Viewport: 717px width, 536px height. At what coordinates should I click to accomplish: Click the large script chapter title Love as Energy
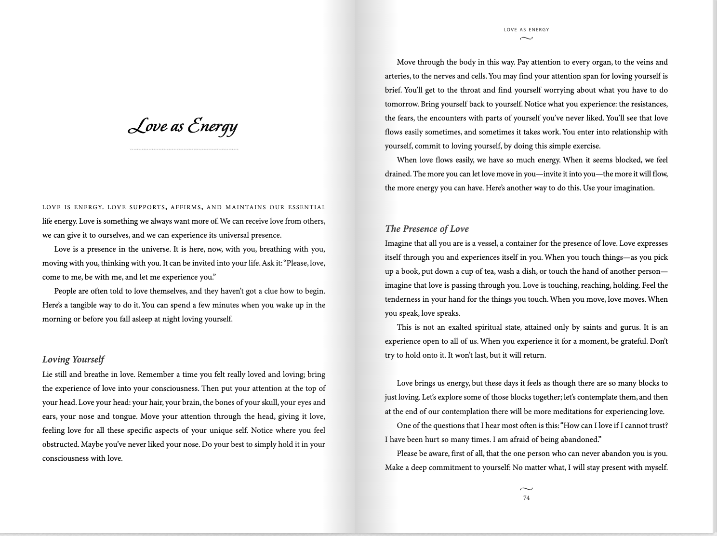tap(183, 126)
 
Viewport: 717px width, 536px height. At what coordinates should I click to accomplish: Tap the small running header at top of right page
tap(526, 29)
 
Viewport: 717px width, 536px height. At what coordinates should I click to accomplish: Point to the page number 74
tap(526, 498)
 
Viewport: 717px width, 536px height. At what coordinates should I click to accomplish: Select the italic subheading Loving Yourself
tap(73, 359)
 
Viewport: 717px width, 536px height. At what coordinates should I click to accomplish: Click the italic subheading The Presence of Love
tap(426, 228)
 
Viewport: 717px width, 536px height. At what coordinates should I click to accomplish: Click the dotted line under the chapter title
tap(184, 149)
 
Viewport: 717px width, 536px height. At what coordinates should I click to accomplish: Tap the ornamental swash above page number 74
tap(526, 489)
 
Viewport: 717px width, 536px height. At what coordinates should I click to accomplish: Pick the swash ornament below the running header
tap(526, 38)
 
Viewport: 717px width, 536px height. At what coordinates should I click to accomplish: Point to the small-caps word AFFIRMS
tap(185, 207)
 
